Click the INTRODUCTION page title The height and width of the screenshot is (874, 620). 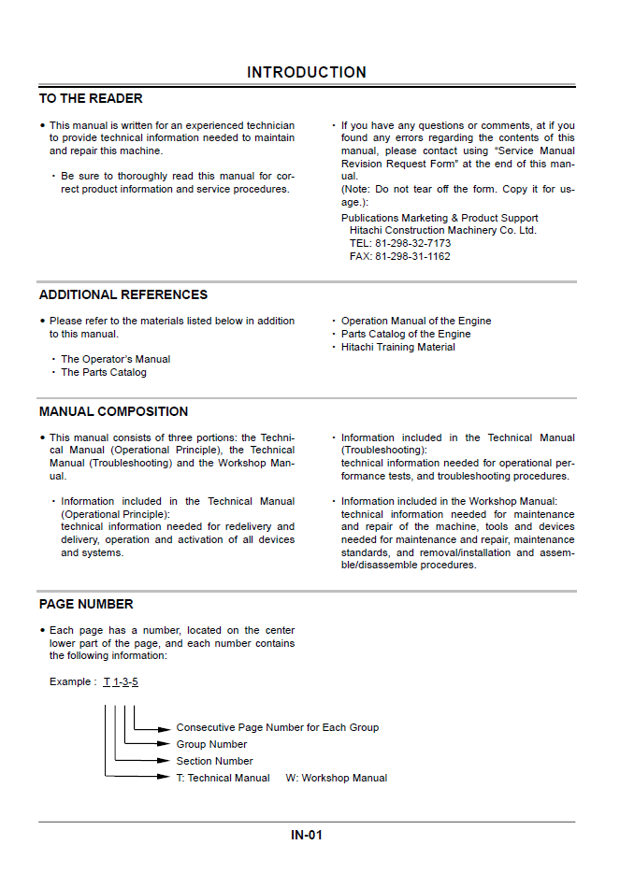point(307,72)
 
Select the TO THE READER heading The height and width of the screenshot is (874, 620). point(91,98)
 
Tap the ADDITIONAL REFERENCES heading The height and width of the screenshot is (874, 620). point(123,294)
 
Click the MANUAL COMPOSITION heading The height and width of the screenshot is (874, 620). point(113,411)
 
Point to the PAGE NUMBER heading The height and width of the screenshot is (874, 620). point(86,604)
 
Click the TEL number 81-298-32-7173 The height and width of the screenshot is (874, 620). point(400,243)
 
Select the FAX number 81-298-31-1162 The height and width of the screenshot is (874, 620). point(399,256)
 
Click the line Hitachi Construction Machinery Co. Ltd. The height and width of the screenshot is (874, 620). point(443,230)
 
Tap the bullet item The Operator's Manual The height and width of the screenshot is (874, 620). point(116,359)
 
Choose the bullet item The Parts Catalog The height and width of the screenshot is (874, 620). point(104,372)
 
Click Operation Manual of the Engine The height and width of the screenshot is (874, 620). point(416,321)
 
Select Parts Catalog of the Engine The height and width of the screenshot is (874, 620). point(406,334)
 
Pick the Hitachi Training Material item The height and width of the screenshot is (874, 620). point(398,347)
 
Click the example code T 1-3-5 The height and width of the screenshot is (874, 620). point(121,681)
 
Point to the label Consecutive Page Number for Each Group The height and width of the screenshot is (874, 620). point(278,727)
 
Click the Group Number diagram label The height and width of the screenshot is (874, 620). point(212,744)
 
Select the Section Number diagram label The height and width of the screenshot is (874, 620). point(215,761)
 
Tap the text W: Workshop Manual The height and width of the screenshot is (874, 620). point(337,778)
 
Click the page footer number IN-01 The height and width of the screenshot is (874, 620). point(307,835)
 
